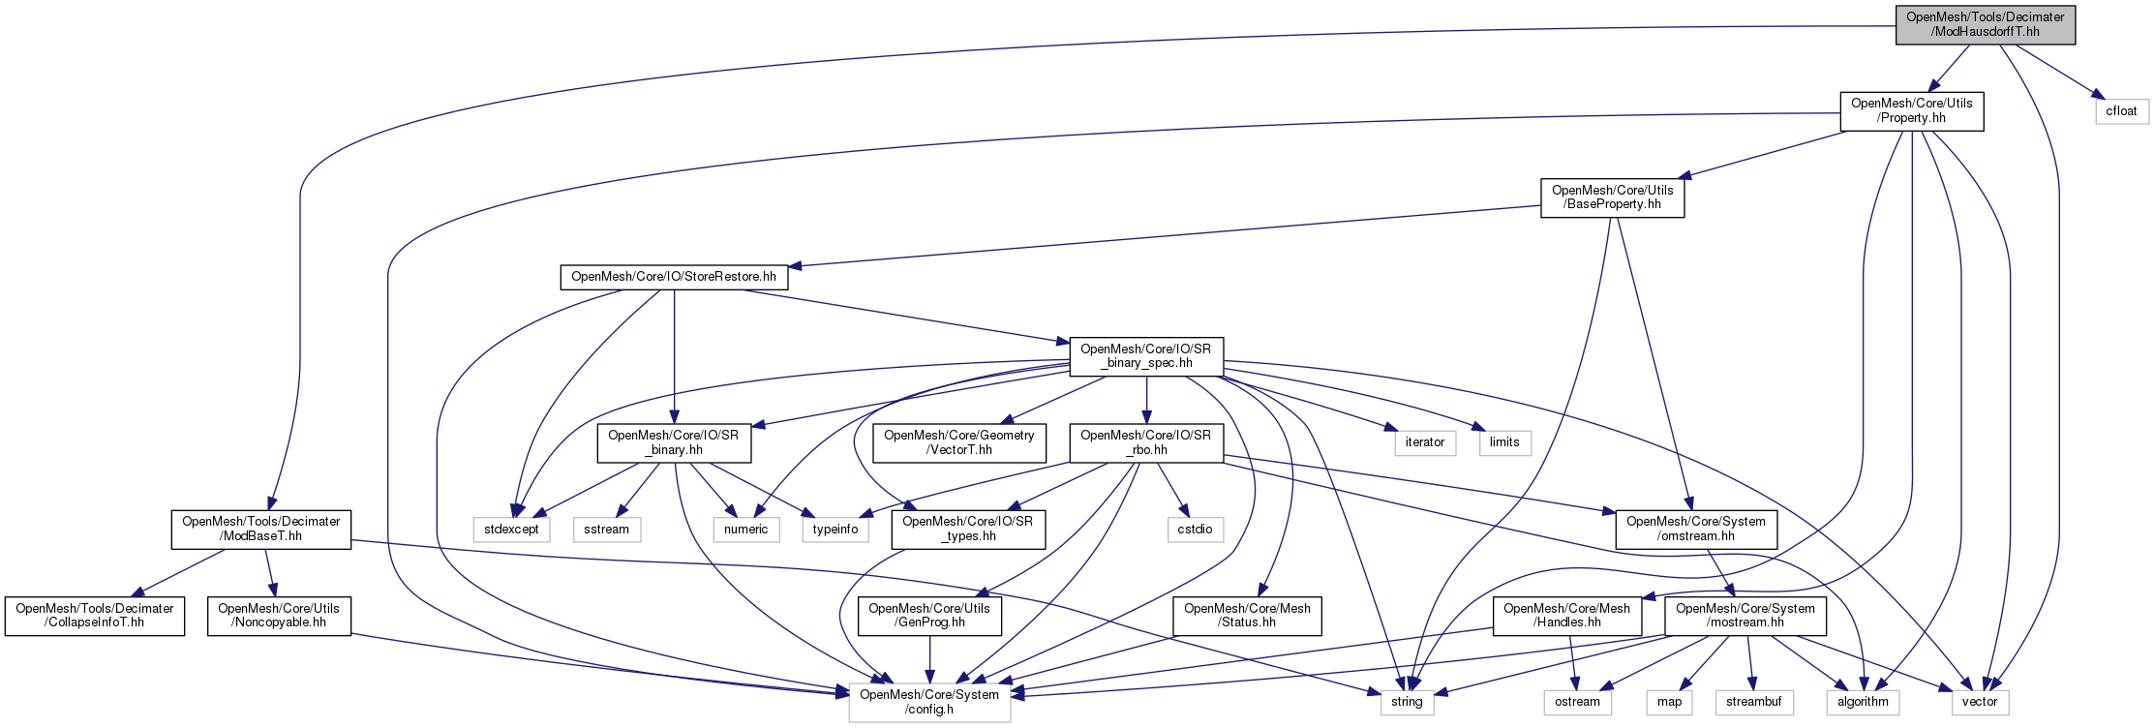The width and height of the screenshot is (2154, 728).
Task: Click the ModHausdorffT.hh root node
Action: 1985,24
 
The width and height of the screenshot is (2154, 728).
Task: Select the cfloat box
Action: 2121,111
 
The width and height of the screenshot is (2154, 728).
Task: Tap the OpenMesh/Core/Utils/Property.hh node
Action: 1911,111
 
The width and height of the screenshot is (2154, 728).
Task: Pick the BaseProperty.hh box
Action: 1612,197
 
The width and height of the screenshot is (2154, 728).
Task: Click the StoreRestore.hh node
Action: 674,277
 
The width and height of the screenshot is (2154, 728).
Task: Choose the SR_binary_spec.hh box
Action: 1145,356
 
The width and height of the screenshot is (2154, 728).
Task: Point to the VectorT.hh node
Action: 958,442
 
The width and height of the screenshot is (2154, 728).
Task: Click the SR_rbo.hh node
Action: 1145,442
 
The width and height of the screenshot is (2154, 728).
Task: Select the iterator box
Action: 1424,442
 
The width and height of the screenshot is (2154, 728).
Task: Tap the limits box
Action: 1504,442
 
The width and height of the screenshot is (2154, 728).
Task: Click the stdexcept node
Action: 511,530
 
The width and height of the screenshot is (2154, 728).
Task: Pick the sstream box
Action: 606,530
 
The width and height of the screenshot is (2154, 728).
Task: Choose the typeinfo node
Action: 834,530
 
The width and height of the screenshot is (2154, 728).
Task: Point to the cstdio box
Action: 1195,530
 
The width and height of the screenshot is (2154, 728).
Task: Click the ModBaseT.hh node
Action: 260,529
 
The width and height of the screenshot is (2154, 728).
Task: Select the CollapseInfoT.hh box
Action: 94,616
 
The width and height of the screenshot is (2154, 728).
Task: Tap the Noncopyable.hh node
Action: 278,616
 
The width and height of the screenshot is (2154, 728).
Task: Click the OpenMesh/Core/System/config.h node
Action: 929,702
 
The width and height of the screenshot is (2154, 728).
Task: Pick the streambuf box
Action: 1753,702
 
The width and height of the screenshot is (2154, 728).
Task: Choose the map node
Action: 1669,702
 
